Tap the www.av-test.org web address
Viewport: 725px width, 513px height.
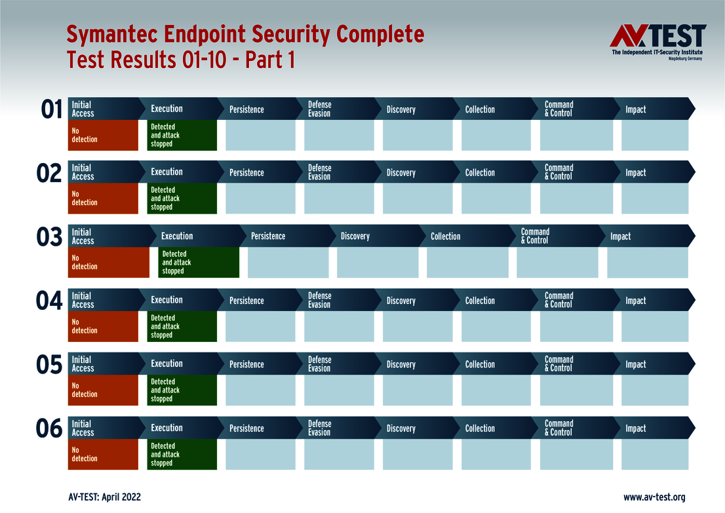pyautogui.click(x=654, y=497)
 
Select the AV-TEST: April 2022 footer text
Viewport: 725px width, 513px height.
pyautogui.click(x=104, y=497)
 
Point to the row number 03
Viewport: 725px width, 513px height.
pyautogui.click(x=49, y=237)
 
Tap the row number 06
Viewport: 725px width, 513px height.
pyautogui.click(x=49, y=429)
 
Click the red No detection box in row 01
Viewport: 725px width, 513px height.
pyautogui.click(x=103, y=136)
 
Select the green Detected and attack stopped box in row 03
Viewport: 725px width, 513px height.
pyautogui.click(x=198, y=263)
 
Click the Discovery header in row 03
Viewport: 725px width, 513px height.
pyautogui.click(x=355, y=237)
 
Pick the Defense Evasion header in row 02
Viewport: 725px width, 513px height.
pyautogui.click(x=319, y=172)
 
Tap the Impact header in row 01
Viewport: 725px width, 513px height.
pyautogui.click(x=635, y=109)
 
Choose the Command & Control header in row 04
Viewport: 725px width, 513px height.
pyautogui.click(x=558, y=300)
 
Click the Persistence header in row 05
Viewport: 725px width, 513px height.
pyautogui.click(x=246, y=364)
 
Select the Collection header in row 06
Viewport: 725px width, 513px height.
pyautogui.click(x=480, y=428)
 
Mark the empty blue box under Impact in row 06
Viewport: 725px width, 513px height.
pyautogui.click(x=654, y=454)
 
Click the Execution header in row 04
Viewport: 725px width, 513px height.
pyautogui.click(x=167, y=300)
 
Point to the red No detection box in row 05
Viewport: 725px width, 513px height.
pyautogui.click(x=103, y=390)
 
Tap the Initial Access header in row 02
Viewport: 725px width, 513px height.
pyautogui.click(x=83, y=172)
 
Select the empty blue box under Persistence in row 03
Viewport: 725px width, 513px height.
pyautogui.click(x=288, y=263)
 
